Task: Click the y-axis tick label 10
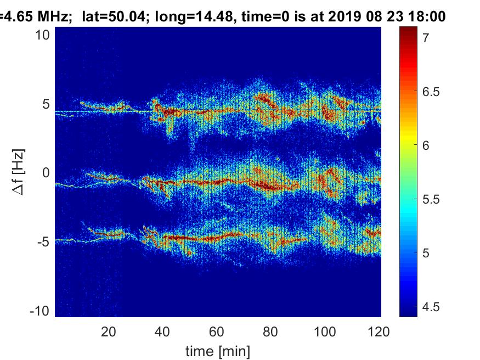pyautogui.click(x=43, y=35)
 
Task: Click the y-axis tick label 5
pyautogui.click(x=47, y=104)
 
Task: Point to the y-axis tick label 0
pyautogui.click(x=47, y=173)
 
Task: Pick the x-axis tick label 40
pyautogui.click(x=163, y=331)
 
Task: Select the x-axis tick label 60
pyautogui.click(x=217, y=331)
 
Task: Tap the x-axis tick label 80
pyautogui.click(x=272, y=331)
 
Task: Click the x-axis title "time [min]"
pyautogui.click(x=218, y=350)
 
